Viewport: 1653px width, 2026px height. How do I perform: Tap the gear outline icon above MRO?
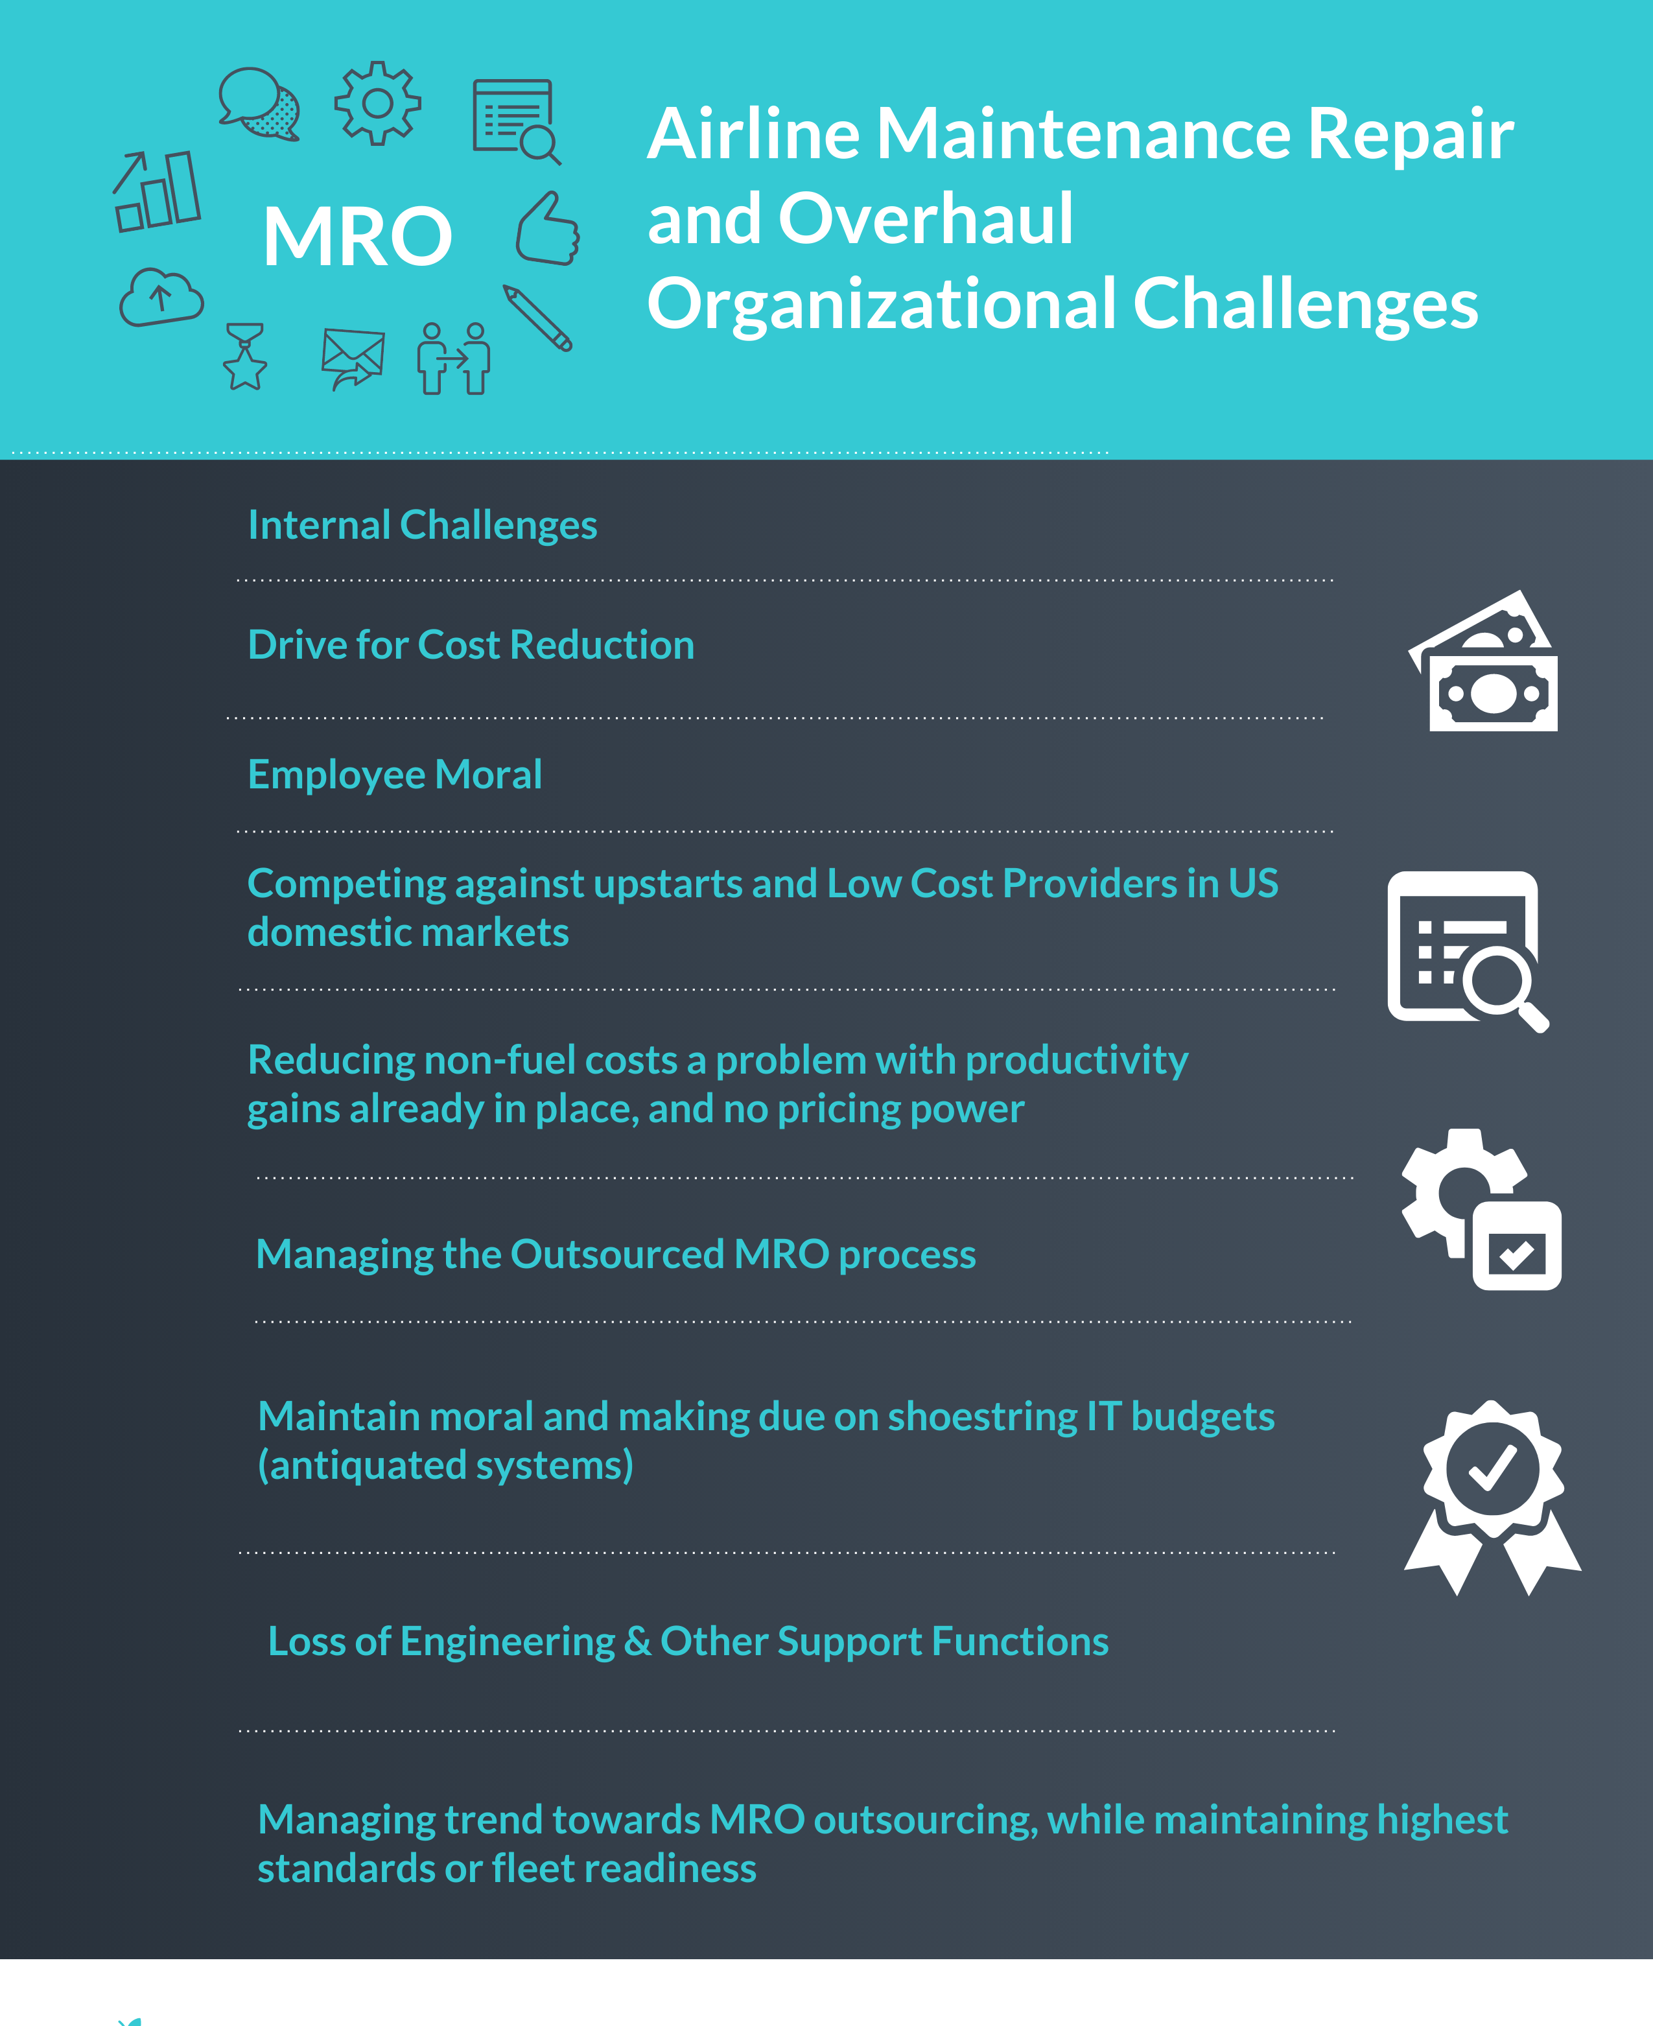377,103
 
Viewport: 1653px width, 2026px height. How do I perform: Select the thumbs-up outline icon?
548,230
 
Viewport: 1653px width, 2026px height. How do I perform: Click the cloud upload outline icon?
161,297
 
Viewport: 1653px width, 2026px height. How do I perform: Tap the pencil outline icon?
538,318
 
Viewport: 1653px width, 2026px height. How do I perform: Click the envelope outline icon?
353,358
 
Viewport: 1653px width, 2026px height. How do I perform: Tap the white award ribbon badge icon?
1492,1497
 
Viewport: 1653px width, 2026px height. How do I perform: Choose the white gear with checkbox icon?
1482,1209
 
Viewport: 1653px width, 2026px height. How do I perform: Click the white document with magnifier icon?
1466,950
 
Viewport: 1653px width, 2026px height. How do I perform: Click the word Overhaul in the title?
926,219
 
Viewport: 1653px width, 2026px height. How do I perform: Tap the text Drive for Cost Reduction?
471,644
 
